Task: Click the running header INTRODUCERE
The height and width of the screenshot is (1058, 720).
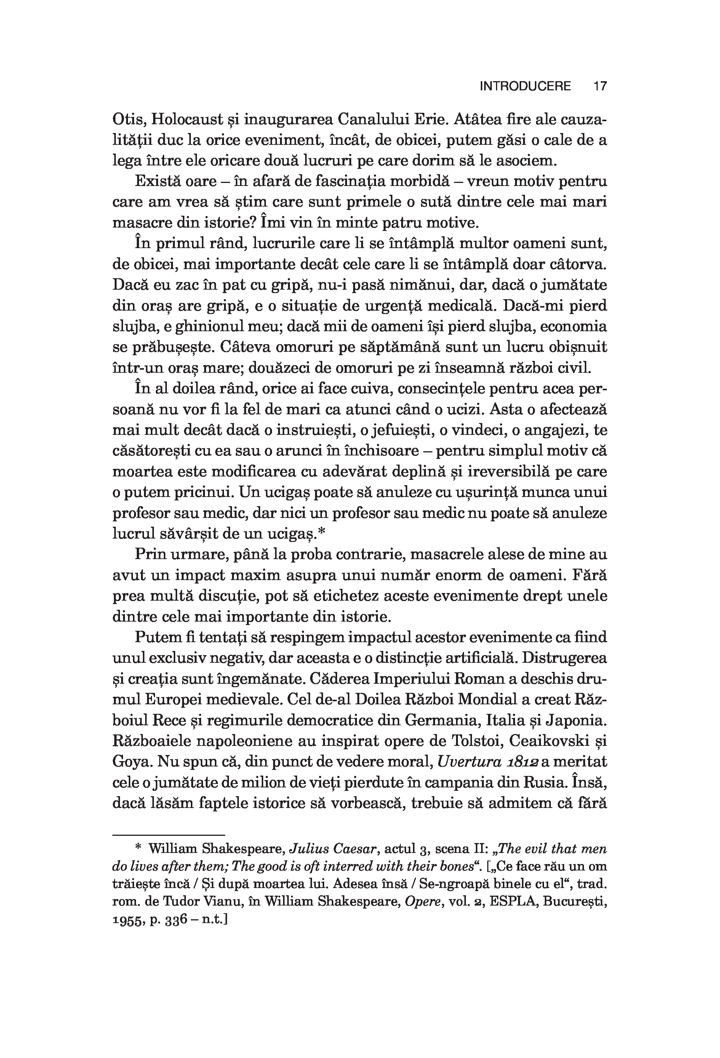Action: [x=525, y=86]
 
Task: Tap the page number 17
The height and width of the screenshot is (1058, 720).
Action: [x=600, y=86]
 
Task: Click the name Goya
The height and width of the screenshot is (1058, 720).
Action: [x=129, y=761]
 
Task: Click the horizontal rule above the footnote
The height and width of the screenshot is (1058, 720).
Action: [x=168, y=835]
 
